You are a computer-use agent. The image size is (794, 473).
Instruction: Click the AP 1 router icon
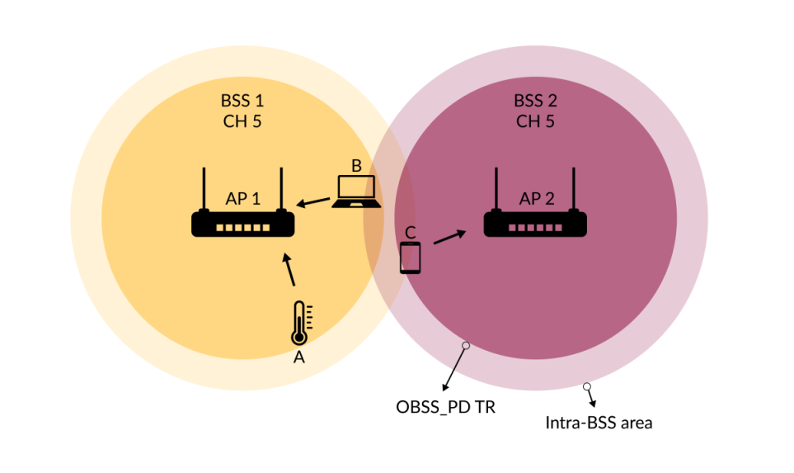[x=243, y=223]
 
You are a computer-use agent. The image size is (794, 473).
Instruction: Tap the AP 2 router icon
[x=535, y=223]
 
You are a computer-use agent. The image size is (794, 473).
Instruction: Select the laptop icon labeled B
[x=357, y=192]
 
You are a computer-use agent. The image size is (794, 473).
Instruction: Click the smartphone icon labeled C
[x=410, y=258]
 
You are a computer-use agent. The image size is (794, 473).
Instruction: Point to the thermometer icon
[x=299, y=323]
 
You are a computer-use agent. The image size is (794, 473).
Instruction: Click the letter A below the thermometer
[x=299, y=357]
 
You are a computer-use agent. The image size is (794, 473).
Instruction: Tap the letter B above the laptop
[x=356, y=166]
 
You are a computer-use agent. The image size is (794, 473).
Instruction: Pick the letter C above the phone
[x=410, y=231]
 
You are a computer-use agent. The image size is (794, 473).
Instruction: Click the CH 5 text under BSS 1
[x=242, y=121]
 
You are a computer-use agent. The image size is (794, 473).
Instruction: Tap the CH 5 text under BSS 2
[x=535, y=121]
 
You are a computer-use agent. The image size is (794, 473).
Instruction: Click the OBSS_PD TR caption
[x=446, y=407]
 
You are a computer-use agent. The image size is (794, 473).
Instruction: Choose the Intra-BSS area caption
[x=599, y=423]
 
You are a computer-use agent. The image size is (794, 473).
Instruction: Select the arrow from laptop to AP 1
[x=314, y=202]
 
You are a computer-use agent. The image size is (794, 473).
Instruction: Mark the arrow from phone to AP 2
[x=449, y=237]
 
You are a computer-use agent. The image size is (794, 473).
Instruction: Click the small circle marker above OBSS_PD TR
[x=466, y=346]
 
